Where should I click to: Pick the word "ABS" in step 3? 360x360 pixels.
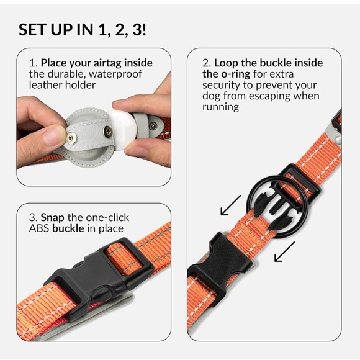pyautogui.click(x=40, y=228)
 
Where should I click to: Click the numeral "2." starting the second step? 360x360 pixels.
pyautogui.click(x=207, y=63)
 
